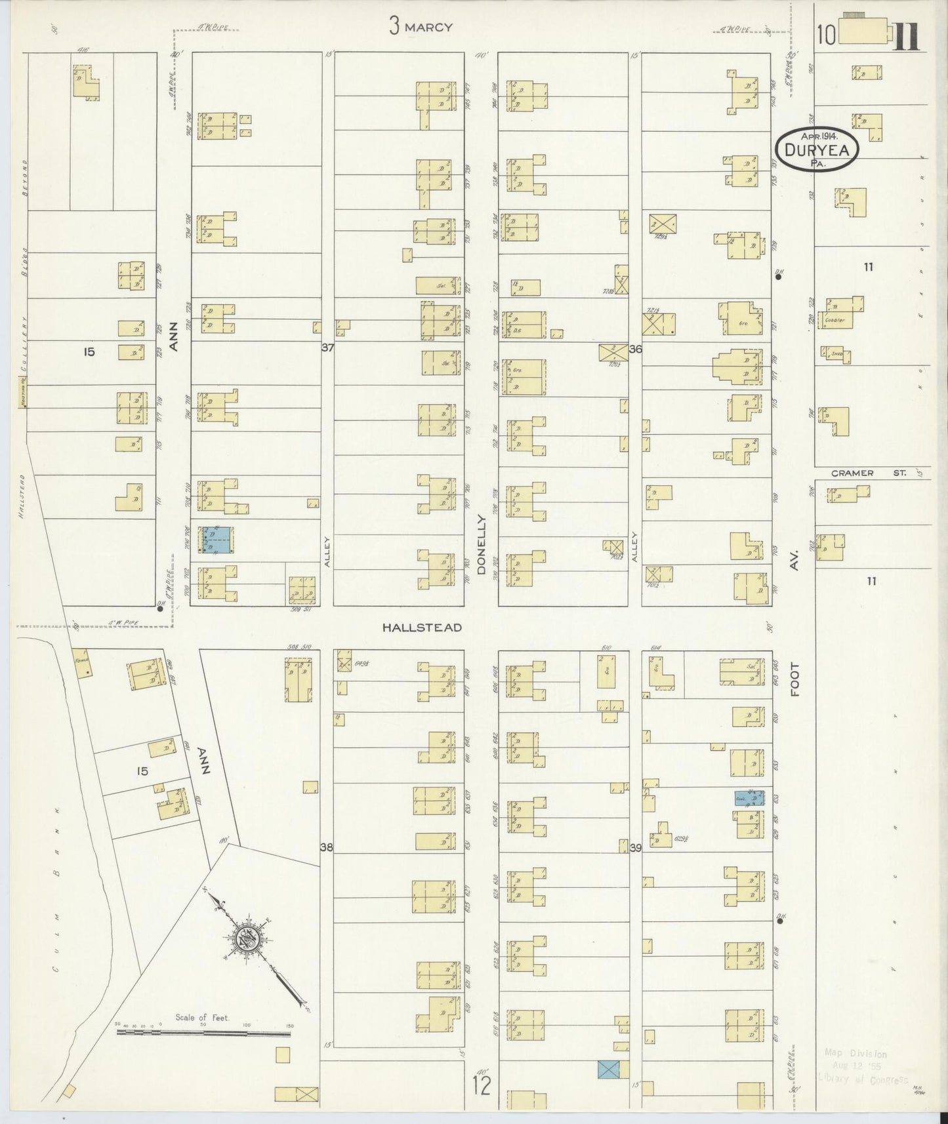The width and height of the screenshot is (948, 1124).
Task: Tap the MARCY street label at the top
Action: pos(430,27)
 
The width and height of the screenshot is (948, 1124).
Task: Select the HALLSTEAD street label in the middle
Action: pos(422,628)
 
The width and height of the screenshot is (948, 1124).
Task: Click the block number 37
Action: pos(327,348)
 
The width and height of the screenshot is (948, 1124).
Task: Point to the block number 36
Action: pos(634,350)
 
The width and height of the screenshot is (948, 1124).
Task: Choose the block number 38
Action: pos(327,847)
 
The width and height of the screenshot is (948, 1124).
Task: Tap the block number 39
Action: pos(634,848)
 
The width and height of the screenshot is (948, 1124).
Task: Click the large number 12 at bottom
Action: pos(481,1086)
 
